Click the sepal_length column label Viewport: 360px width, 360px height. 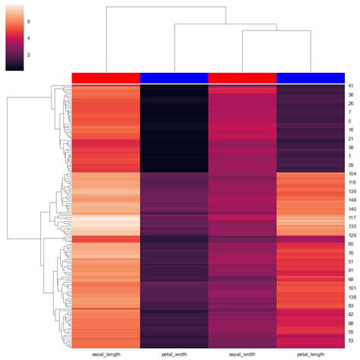click(x=106, y=354)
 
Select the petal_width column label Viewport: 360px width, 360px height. click(x=174, y=354)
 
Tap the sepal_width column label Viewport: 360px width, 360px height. click(x=242, y=354)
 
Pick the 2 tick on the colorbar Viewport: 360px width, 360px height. click(x=29, y=55)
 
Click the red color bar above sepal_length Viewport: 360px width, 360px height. click(x=106, y=77)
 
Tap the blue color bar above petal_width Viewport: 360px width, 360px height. click(x=174, y=77)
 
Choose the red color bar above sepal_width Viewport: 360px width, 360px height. click(x=242, y=77)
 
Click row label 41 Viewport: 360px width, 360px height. click(x=351, y=87)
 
